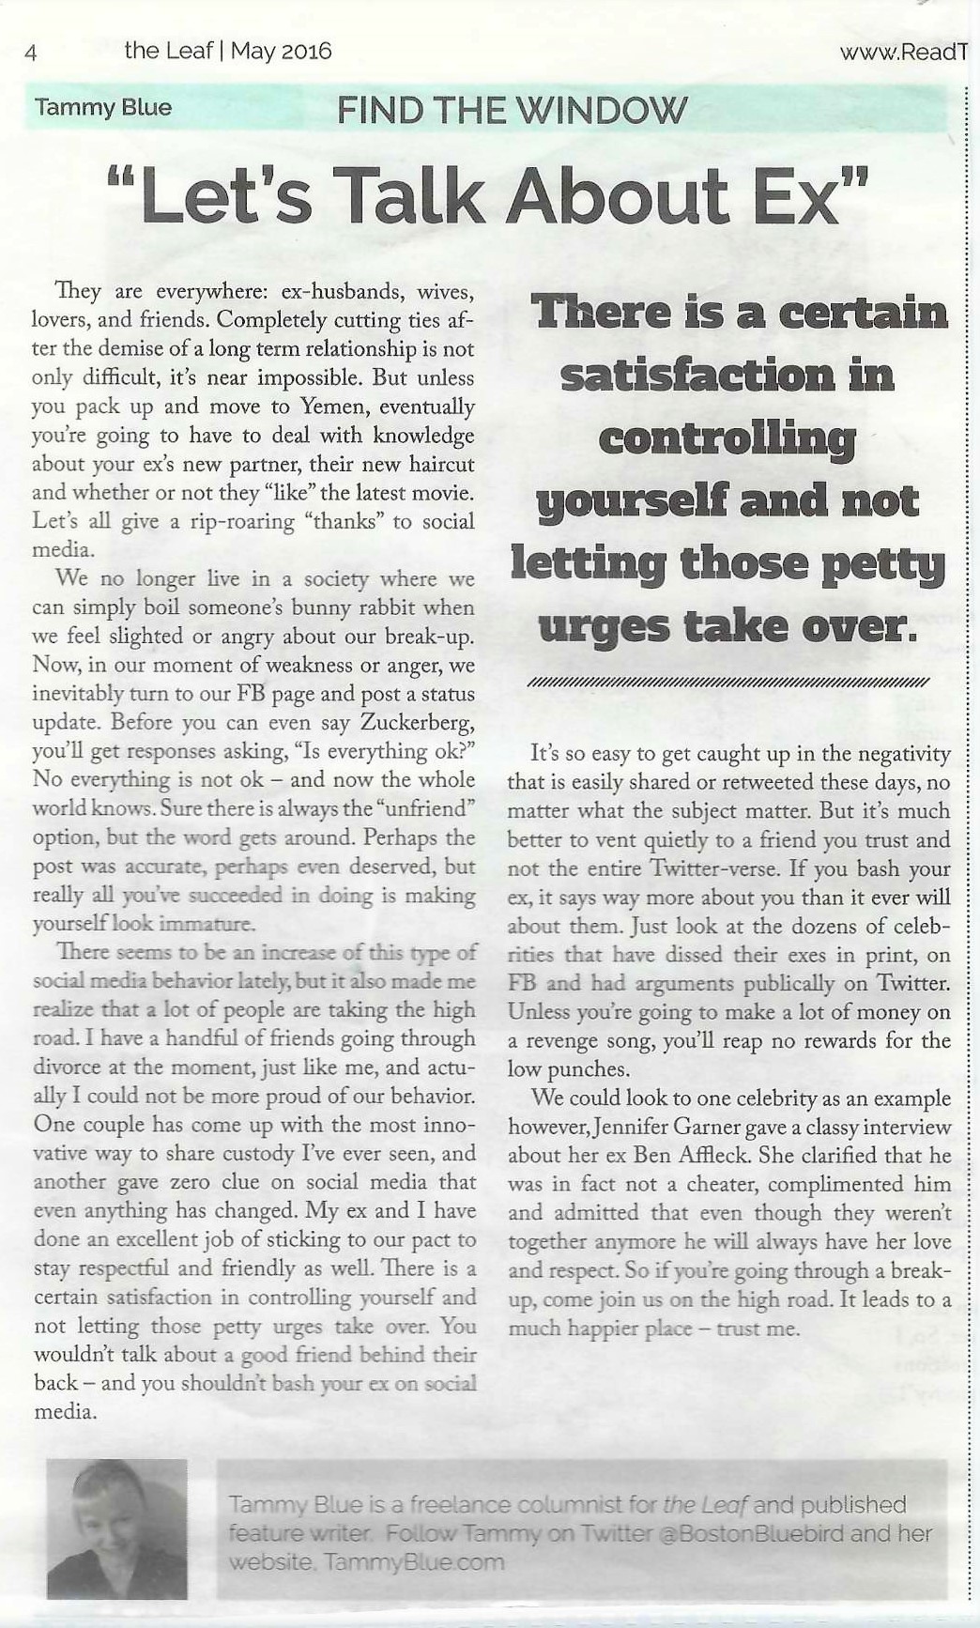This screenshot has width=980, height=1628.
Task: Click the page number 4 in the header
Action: (x=30, y=53)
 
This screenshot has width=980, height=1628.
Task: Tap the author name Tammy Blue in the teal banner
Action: (x=103, y=107)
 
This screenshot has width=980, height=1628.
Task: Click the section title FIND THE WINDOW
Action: (x=512, y=111)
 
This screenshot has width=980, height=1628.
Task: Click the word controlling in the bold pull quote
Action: (x=727, y=438)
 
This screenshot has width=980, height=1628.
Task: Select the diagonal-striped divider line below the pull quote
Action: (x=728, y=682)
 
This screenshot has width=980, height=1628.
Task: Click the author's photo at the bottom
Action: (x=117, y=1528)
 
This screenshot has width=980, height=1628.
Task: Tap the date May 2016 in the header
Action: (x=281, y=51)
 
